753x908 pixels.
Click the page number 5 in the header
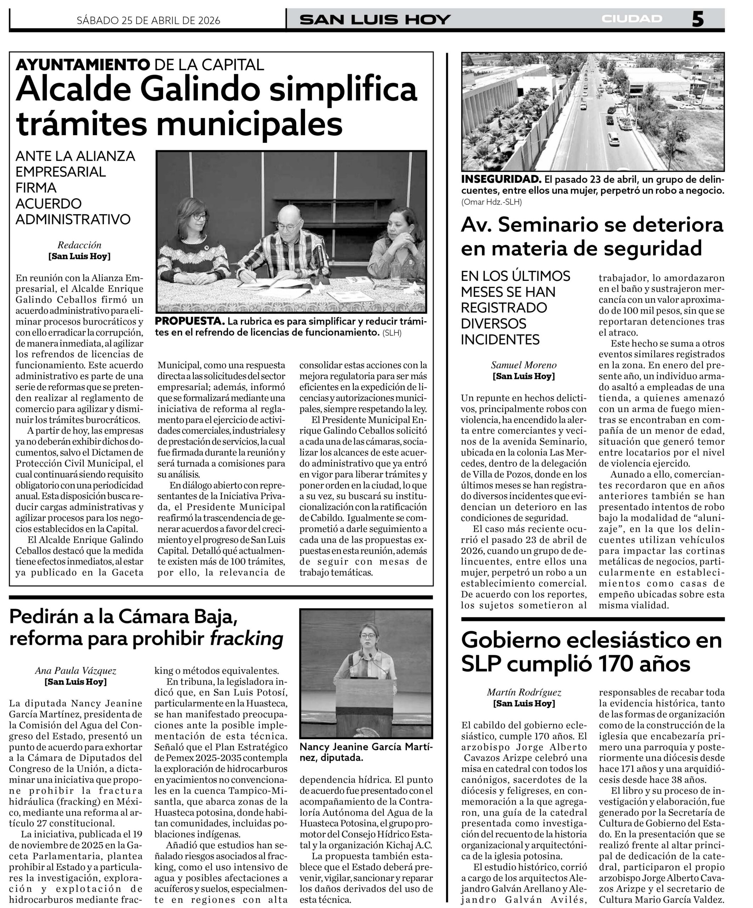697,19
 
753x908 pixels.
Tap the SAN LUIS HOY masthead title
375,20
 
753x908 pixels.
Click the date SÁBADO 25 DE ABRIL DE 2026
148,20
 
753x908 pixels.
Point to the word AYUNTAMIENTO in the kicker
83,65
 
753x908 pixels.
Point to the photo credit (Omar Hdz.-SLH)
491,202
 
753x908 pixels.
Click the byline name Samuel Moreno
524,365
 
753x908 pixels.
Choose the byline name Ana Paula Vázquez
75,671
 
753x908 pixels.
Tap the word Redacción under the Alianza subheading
79,245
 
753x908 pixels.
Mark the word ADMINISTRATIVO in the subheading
73,219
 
